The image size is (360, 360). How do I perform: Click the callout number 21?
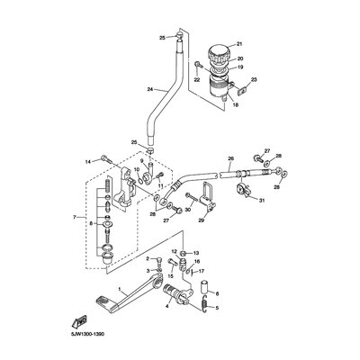(240, 43)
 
